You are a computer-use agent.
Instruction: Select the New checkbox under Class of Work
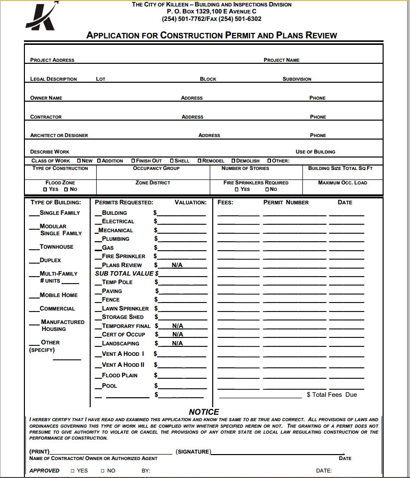coord(79,161)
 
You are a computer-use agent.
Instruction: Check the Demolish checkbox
coord(233,161)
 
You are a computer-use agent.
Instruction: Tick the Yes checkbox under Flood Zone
coord(45,189)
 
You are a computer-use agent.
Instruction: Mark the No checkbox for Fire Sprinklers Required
coord(267,189)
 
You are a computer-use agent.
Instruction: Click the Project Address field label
coord(52,60)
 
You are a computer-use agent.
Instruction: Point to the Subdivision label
coord(296,79)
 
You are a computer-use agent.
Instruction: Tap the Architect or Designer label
coord(59,135)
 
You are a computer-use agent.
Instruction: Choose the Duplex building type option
coord(50,260)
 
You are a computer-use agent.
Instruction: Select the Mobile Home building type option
coord(58,295)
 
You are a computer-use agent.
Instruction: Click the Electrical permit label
coord(118,221)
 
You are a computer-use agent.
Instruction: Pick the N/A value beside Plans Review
coord(177,265)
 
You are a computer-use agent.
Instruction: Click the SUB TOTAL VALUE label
coord(125,274)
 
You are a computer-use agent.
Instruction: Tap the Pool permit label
coord(109,386)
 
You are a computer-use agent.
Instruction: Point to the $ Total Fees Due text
coord(331,395)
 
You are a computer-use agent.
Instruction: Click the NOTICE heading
coord(204,412)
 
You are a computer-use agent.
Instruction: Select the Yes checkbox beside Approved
coord(73,471)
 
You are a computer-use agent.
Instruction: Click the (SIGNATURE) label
coord(193,452)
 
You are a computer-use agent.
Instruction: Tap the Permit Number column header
coord(286,202)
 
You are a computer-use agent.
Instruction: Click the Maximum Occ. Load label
coord(342,182)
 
